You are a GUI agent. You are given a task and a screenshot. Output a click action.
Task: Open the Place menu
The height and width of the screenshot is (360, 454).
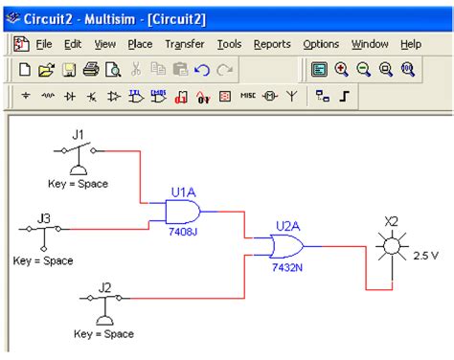click(140, 44)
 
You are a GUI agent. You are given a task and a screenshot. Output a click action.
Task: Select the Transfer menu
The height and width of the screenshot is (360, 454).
click(184, 44)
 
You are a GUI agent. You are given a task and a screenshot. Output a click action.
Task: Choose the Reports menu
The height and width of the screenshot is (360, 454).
click(272, 44)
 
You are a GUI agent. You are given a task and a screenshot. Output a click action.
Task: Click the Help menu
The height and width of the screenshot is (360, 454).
click(411, 44)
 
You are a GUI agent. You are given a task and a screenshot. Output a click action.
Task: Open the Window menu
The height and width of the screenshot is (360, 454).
click(370, 44)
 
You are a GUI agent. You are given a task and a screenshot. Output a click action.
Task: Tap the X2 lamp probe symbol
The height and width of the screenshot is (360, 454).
click(391, 249)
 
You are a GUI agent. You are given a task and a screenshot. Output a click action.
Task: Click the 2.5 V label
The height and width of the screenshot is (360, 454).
click(427, 257)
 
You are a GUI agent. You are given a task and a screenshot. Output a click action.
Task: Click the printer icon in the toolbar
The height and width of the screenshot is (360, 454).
click(90, 69)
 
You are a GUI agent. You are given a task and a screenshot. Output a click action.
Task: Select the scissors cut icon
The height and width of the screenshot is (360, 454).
click(136, 69)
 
